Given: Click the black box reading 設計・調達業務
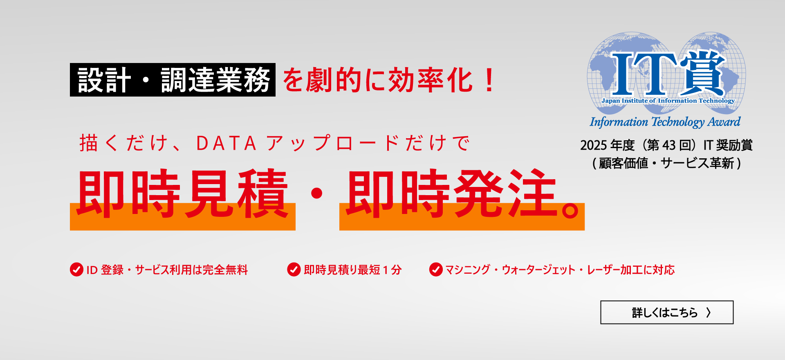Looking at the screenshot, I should pos(173,80).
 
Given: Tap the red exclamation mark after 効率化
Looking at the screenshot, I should pos(489,80).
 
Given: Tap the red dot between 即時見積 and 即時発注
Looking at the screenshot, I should pos(317,193).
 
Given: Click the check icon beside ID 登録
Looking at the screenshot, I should pos(76,270).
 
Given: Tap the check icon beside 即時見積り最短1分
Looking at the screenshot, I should pos(294,270).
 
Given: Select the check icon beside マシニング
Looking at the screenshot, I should pos(436,270).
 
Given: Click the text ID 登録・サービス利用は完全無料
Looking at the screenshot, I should pos(167,270).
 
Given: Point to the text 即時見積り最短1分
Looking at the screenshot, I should pos(352,270).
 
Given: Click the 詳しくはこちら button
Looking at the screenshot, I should pos(666,313).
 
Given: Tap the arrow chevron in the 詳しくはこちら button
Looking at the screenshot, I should pos(709,313).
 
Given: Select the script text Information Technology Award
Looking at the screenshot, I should pos(665,122).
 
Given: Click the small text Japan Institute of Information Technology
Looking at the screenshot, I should pos(668,101).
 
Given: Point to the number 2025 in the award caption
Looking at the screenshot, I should pos(593,145).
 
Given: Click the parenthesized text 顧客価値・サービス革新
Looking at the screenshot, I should pos(666,163).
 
